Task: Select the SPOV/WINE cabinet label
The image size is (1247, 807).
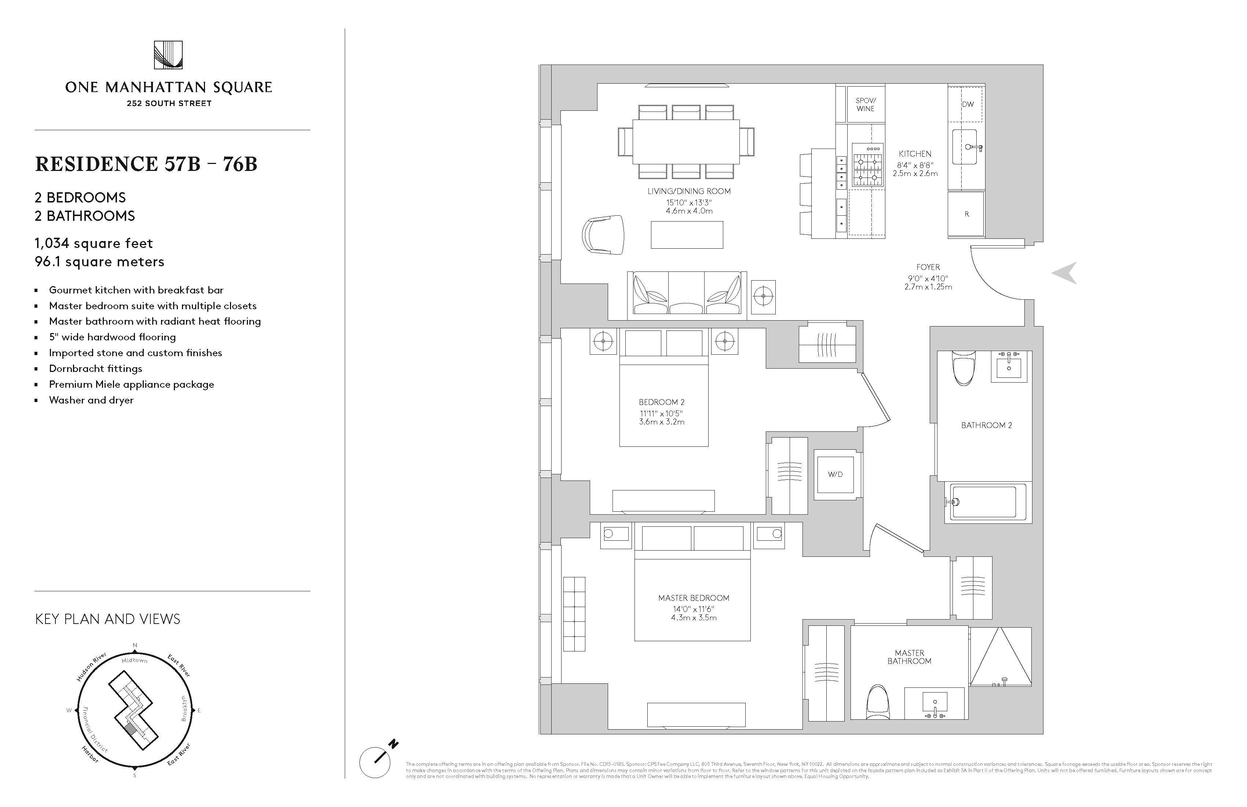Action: tap(866, 104)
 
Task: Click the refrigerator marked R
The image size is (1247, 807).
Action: tap(966, 214)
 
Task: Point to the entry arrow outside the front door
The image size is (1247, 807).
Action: tap(1065, 273)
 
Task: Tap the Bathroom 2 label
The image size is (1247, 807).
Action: tap(986, 425)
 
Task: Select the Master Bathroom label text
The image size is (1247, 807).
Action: tap(909, 657)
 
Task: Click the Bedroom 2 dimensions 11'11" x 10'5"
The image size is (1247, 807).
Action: tap(661, 413)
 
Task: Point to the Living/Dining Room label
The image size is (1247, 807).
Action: tap(688, 191)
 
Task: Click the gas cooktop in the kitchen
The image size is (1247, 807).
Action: tap(867, 165)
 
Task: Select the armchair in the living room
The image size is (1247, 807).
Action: tap(604, 235)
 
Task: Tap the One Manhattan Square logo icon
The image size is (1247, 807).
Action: tap(168, 55)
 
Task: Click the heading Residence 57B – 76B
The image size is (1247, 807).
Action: tap(146, 164)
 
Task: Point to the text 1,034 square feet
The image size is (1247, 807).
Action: tap(94, 243)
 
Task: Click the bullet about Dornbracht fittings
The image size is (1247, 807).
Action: tap(95, 368)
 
